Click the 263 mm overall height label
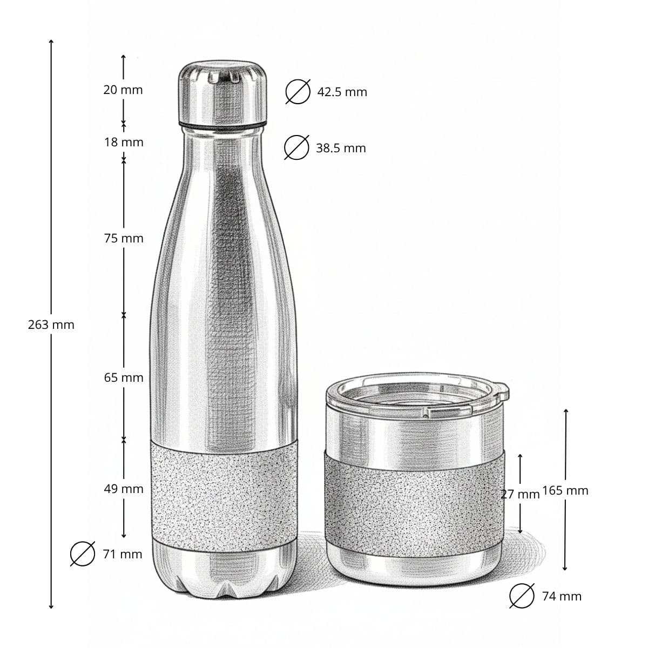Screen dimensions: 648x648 (x=51, y=325)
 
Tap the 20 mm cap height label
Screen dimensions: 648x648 (x=123, y=90)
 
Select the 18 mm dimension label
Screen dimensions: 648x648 (x=124, y=142)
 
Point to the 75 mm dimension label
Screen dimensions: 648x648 (x=124, y=238)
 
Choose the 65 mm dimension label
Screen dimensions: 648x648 (x=124, y=377)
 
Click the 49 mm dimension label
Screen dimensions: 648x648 (x=124, y=489)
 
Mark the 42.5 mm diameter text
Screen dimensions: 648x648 (x=342, y=92)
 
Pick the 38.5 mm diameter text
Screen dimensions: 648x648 (x=341, y=148)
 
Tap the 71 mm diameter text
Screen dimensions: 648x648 (x=123, y=553)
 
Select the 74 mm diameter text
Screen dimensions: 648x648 (x=562, y=596)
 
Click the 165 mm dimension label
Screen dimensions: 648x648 (x=565, y=490)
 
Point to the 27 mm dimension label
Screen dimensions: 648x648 (x=521, y=494)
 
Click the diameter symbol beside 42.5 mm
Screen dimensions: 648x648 (x=298, y=91)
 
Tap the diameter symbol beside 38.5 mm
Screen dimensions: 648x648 (x=296, y=147)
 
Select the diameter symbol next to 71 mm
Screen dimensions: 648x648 (x=83, y=553)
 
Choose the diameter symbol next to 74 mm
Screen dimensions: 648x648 (x=522, y=596)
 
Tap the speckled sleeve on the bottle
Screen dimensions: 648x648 (x=223, y=489)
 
